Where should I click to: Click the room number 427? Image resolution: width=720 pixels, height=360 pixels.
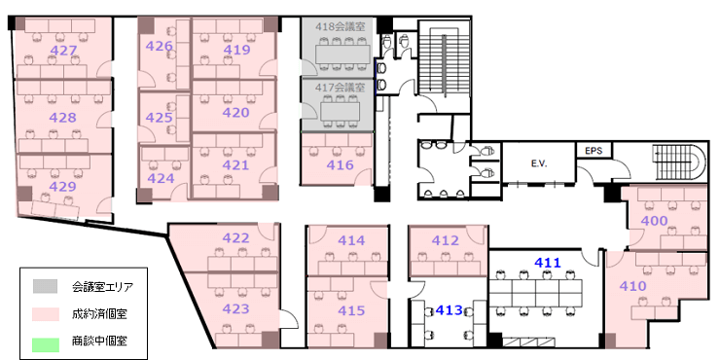[63, 50]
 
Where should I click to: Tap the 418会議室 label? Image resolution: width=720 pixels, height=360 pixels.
[341, 27]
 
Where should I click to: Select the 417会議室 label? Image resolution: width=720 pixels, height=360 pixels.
[341, 87]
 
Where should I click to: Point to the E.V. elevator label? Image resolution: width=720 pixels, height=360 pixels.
[539, 163]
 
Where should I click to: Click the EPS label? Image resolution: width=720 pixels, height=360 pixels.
[594, 151]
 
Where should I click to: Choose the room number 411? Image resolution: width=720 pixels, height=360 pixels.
[548, 263]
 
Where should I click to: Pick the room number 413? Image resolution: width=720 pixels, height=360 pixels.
[450, 310]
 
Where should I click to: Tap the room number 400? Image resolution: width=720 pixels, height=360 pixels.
[654, 221]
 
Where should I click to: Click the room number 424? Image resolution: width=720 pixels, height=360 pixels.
[161, 178]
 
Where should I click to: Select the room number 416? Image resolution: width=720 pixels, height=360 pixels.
[341, 164]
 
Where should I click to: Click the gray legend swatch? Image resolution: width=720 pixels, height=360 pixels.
[46, 287]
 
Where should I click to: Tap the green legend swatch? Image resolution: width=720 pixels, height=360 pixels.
[46, 345]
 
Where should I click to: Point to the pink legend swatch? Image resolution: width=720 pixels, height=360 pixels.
[46, 314]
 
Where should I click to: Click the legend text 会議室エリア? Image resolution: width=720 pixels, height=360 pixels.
[102, 288]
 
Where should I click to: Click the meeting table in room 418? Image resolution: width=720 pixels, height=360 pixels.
[342, 54]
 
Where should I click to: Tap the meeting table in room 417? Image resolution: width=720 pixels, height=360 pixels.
[341, 111]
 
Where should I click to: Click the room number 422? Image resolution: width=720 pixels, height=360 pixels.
[236, 237]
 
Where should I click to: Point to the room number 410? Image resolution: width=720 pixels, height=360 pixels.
[632, 286]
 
